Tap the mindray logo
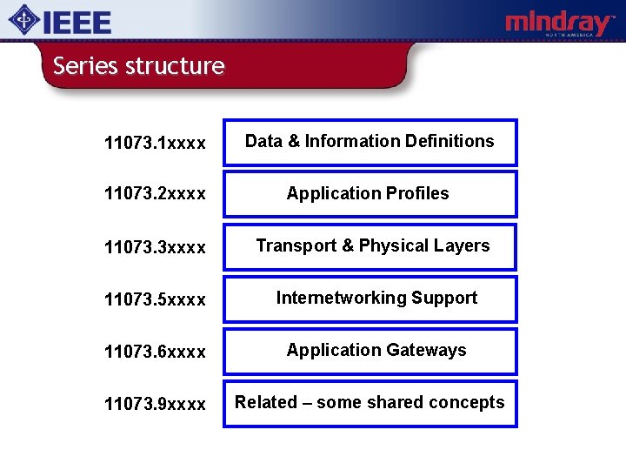[x=559, y=23]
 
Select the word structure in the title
[x=175, y=66]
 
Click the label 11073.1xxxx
[x=155, y=143]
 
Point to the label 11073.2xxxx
[x=155, y=194]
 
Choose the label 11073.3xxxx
[x=155, y=247]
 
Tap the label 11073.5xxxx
[x=155, y=299]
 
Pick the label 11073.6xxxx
[x=155, y=352]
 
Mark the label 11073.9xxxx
[x=155, y=404]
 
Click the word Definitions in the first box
[x=451, y=141]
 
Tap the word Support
[x=444, y=298]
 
